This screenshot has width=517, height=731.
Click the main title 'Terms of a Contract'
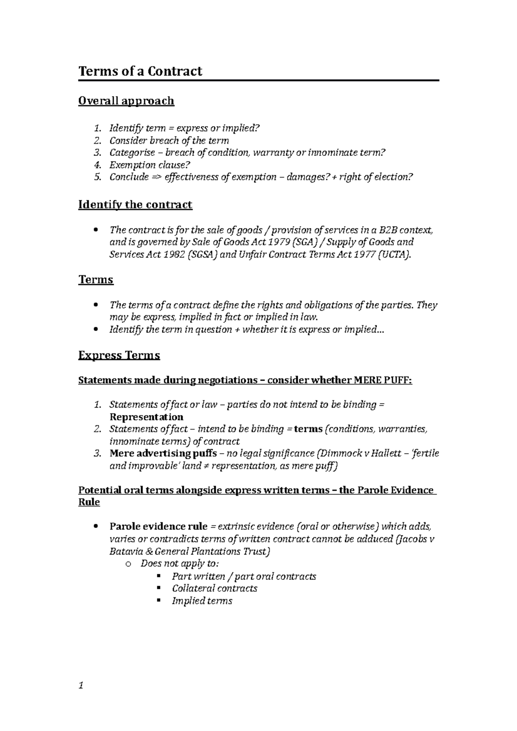tap(140, 71)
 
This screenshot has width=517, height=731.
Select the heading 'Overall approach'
tap(126, 101)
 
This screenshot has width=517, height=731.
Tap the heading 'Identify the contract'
tap(135, 204)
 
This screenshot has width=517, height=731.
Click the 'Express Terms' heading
tap(119, 356)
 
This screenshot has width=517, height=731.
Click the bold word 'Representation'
tap(146, 417)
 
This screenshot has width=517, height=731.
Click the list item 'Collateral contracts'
tap(215, 589)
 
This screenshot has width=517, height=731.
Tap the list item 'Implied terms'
tap(202, 601)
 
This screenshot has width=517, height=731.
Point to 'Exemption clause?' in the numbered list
tap(149, 165)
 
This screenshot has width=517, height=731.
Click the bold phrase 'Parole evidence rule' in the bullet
tap(159, 527)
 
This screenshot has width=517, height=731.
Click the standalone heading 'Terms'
tap(96, 280)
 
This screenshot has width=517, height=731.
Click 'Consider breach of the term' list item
tap(169, 141)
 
